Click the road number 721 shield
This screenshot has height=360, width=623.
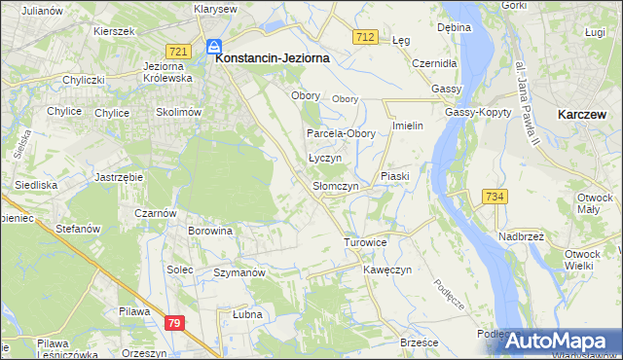tap(177, 51)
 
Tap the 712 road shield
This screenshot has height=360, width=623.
tap(365, 36)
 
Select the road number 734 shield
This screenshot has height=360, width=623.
tap(494, 197)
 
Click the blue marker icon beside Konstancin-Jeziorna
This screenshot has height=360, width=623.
tap(213, 45)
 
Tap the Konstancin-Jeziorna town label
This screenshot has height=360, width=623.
tap(272, 58)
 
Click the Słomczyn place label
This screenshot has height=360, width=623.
tap(336, 185)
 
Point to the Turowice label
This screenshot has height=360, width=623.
tap(366, 241)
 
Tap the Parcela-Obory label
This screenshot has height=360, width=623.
tap(335, 133)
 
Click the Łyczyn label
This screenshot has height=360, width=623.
tap(324, 157)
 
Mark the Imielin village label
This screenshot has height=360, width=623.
tap(406, 127)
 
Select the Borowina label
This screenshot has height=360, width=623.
tap(211, 232)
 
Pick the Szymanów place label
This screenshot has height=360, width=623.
tap(239, 273)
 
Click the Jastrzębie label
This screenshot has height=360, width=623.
tap(120, 177)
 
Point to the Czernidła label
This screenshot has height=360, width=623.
tap(433, 62)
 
